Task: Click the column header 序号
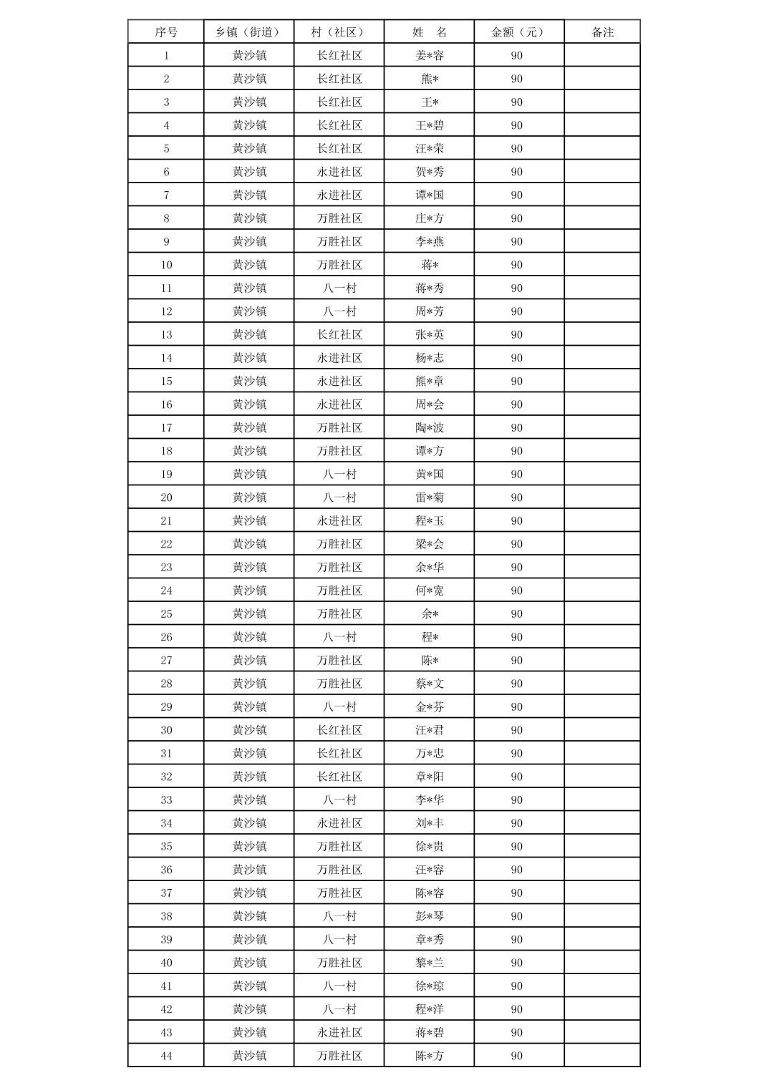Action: pos(166,32)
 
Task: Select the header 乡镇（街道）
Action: pos(248,32)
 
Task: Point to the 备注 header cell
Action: pos(602,32)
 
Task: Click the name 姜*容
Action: pos(430,56)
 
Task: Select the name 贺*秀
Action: pos(430,172)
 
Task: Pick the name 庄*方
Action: pos(430,218)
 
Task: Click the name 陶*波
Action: pos(430,427)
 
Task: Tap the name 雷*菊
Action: pos(430,497)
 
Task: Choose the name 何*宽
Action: pos(430,591)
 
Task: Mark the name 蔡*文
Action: pos(430,684)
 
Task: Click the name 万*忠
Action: pos(430,753)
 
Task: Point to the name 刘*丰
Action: pos(430,823)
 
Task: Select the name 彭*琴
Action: pos(430,916)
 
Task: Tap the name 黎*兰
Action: pos(430,963)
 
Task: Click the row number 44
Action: pos(166,1056)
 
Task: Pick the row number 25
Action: pos(166,613)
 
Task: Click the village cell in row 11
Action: pos(339,288)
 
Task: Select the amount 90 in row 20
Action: pos(517,497)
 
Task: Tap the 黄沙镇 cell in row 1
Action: pos(249,56)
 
